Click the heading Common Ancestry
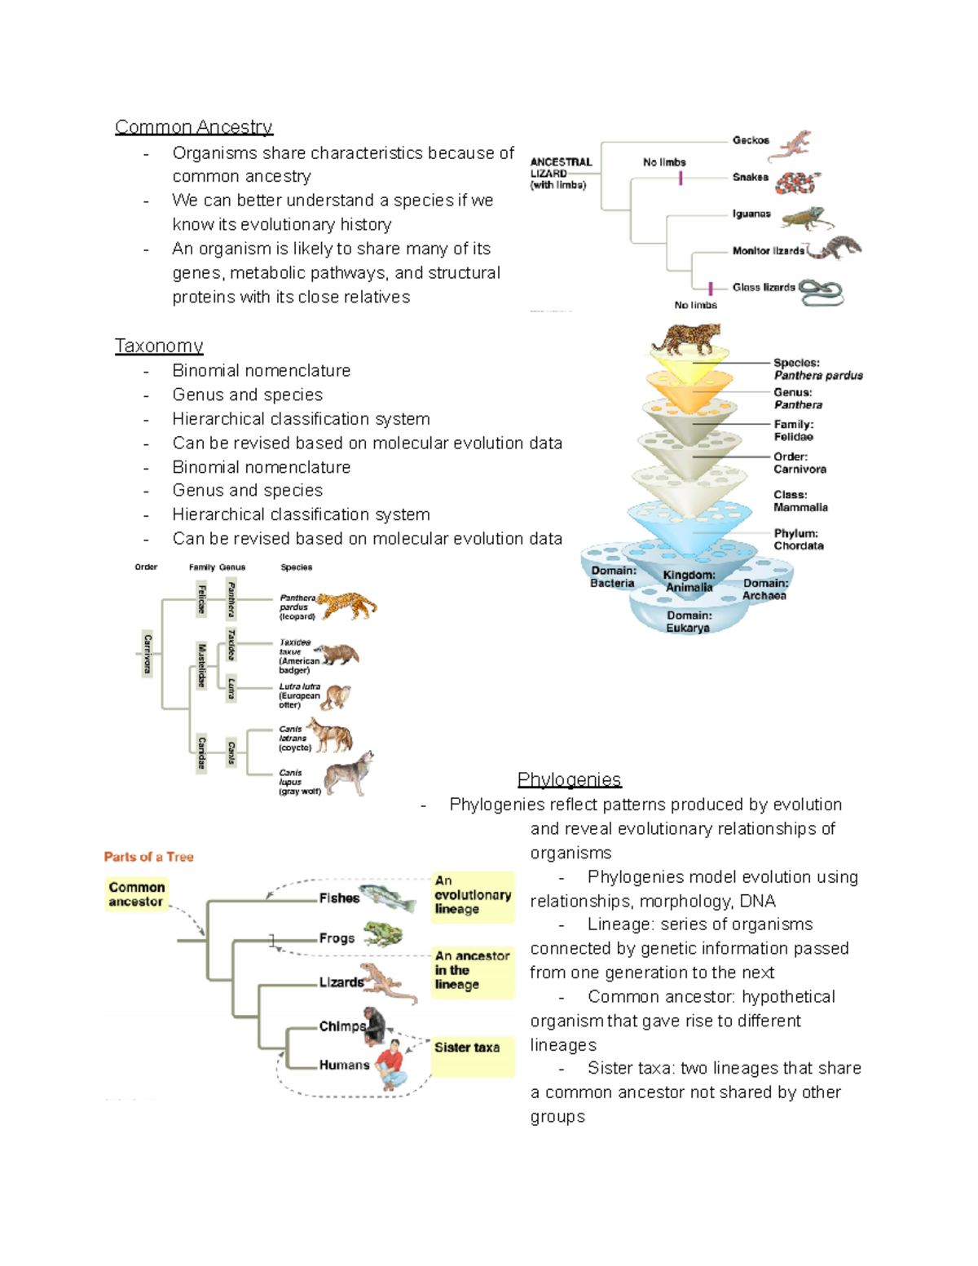tap(193, 127)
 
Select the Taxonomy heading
tap(159, 346)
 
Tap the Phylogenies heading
tap(569, 779)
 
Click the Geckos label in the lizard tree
tap(750, 140)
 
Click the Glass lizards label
tap(763, 287)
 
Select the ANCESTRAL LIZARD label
tap(561, 173)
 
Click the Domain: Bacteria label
tap(613, 576)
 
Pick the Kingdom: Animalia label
tap(689, 581)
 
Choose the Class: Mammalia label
tap(800, 501)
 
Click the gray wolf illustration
tap(349, 774)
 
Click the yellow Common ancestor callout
tap(136, 894)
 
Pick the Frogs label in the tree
tap(337, 938)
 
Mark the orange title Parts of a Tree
tap(148, 857)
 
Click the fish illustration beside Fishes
tap(388, 898)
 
